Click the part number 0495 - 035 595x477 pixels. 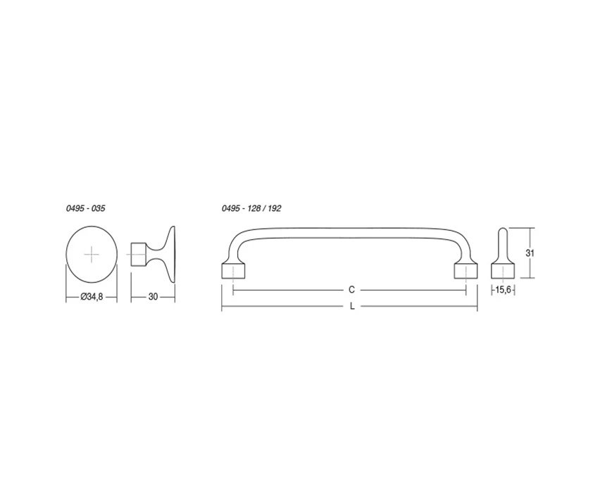click(x=85, y=208)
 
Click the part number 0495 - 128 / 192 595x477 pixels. click(x=251, y=208)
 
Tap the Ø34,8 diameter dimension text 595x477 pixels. click(x=92, y=297)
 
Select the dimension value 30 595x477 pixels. click(x=153, y=297)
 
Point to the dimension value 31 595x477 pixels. click(x=530, y=253)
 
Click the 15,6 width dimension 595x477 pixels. click(x=503, y=291)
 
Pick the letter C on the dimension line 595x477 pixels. click(x=351, y=290)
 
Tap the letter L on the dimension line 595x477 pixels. click(x=352, y=306)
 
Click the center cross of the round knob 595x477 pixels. click(x=92, y=255)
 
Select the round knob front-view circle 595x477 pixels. click(x=66, y=255)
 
